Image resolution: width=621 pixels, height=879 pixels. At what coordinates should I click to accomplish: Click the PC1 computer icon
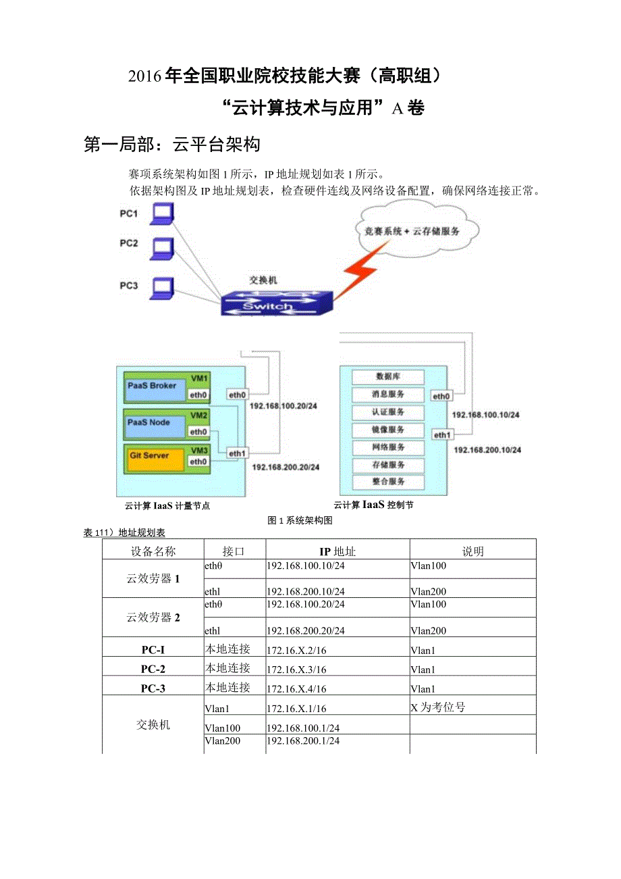click(x=161, y=215)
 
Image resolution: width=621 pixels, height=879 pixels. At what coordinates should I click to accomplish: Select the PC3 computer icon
click(x=161, y=288)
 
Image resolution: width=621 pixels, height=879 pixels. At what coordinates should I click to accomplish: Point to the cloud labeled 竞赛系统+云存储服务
click(x=412, y=230)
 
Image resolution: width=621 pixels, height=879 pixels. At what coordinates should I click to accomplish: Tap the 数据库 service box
click(x=387, y=377)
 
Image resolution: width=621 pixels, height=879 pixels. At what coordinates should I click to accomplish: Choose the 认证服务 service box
click(x=387, y=412)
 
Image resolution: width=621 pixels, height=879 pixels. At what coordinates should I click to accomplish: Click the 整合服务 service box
click(x=387, y=482)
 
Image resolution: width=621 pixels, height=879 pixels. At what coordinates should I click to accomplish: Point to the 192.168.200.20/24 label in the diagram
click(x=286, y=467)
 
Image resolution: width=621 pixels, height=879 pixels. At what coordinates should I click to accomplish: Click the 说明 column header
click(x=473, y=551)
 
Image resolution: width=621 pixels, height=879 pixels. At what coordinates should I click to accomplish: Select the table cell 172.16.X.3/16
click(x=297, y=670)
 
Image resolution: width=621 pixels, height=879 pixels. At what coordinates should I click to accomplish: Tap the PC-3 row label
click(x=153, y=688)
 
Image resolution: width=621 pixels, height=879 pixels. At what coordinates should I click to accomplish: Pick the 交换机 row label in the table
click(x=153, y=725)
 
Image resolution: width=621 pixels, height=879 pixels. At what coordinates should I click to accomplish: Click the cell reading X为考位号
click(x=438, y=707)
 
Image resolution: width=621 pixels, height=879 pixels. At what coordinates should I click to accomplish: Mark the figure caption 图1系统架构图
click(x=300, y=520)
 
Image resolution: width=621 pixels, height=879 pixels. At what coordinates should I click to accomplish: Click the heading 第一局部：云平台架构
click(x=172, y=145)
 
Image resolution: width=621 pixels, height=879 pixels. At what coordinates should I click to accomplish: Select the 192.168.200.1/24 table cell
click(x=303, y=741)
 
